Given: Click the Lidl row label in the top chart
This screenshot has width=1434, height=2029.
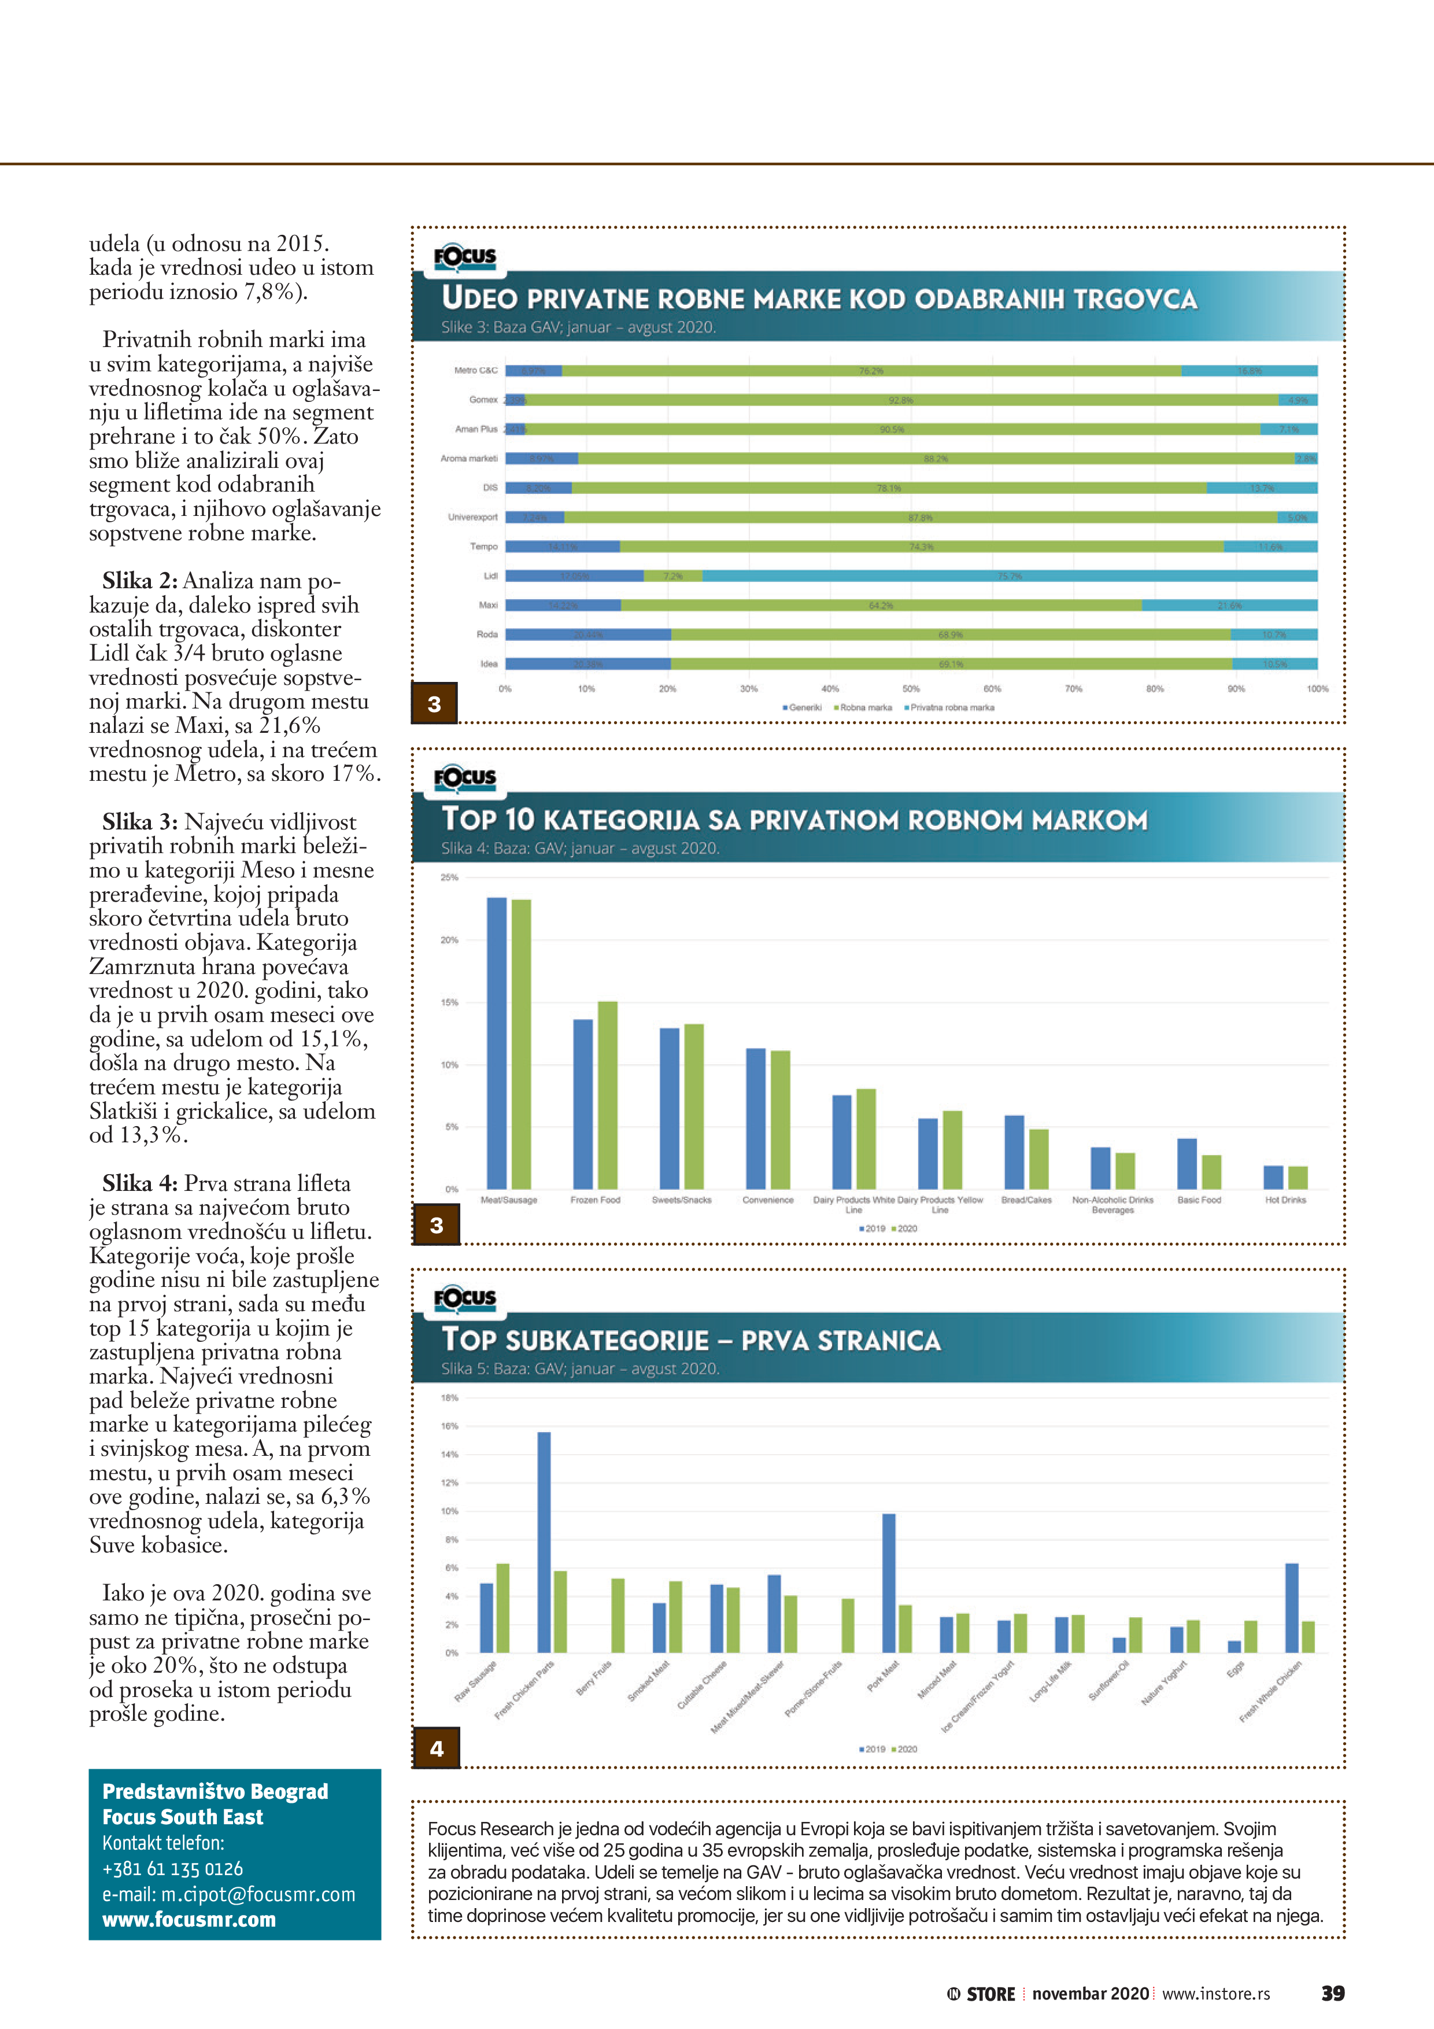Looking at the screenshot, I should click(x=490, y=576).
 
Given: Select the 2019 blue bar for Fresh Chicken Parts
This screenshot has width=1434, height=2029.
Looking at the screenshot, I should click(x=544, y=1542).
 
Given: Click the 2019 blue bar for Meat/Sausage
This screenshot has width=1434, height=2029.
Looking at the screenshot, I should click(x=497, y=1043).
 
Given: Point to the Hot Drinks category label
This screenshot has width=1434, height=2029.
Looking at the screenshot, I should click(x=1285, y=1200).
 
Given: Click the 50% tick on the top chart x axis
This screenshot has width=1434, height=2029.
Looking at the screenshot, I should click(x=911, y=688).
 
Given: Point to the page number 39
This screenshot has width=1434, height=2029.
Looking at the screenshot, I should click(x=1332, y=1994).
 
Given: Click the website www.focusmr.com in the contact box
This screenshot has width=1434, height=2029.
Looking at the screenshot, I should click(x=189, y=1920).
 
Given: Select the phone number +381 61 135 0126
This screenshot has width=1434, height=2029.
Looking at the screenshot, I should click(x=172, y=1869).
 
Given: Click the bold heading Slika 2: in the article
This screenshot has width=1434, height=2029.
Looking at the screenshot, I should click(x=139, y=581).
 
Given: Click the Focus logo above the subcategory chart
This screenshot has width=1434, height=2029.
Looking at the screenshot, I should click(x=465, y=1297).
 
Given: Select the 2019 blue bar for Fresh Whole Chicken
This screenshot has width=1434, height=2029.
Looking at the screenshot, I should click(x=1292, y=1607).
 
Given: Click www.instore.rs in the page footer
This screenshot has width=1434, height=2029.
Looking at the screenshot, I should click(x=1216, y=1994).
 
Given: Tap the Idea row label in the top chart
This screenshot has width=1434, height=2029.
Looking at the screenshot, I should click(x=489, y=663).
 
